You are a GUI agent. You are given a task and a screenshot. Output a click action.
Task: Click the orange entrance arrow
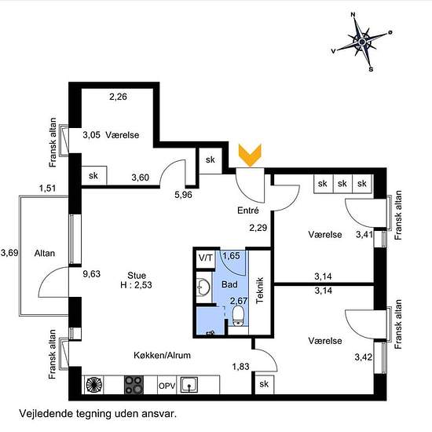[x=250, y=155]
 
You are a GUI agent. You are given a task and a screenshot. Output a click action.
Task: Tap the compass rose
[x=362, y=42]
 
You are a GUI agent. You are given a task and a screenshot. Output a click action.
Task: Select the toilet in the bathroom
[x=238, y=316]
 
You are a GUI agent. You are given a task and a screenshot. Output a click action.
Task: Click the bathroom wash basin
[x=203, y=287]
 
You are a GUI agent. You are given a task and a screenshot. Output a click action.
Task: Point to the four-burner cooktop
[x=134, y=385]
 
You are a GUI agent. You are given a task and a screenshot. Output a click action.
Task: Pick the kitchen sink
[x=189, y=385]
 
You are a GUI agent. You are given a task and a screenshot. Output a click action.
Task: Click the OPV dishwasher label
[x=167, y=386]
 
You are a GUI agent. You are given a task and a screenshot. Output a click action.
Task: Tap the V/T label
[x=206, y=258]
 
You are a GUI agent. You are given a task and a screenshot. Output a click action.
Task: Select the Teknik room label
[x=260, y=291]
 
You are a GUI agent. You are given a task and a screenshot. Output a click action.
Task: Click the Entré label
[x=248, y=211]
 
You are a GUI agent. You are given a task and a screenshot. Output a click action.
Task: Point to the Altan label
[x=44, y=253]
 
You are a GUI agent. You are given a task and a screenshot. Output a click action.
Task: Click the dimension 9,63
[x=91, y=274]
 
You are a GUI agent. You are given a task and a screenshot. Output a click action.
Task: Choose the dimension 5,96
[x=183, y=195]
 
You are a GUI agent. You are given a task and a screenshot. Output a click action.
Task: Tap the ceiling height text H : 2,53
[x=136, y=285]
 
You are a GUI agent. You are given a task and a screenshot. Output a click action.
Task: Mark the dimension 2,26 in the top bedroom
[x=118, y=97]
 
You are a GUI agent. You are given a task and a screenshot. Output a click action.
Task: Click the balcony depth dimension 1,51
[x=47, y=189]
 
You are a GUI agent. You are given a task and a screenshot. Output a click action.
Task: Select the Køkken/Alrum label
[x=162, y=355]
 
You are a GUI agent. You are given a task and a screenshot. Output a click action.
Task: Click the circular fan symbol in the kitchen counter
[x=94, y=385]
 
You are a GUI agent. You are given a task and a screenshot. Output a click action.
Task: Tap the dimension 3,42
[x=364, y=357]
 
